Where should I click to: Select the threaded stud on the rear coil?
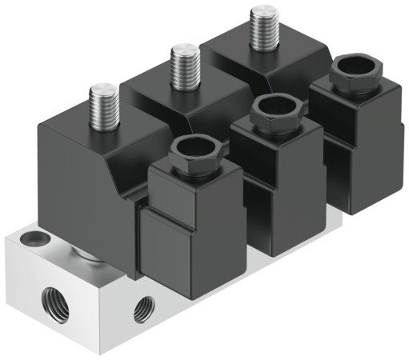263,26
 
